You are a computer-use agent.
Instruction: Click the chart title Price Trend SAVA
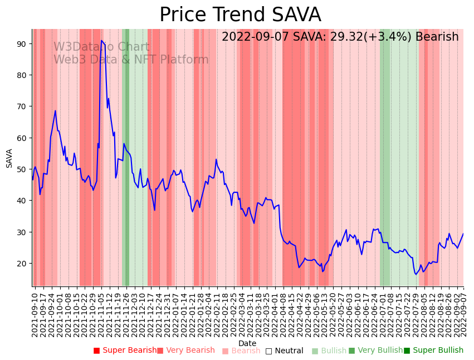[x=240, y=15]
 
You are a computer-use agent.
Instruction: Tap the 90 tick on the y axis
[x=25, y=43]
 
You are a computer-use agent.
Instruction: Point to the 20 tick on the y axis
[x=25, y=263]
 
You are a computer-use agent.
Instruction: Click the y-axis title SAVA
[x=9, y=158]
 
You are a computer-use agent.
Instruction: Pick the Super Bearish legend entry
[x=125, y=351]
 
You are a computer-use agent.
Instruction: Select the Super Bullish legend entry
[x=433, y=351]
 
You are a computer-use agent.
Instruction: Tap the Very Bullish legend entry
[x=375, y=351]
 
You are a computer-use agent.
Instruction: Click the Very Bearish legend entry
[x=185, y=351]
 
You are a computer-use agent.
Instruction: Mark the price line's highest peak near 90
[x=101, y=41]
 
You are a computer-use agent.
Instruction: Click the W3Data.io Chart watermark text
[x=101, y=47]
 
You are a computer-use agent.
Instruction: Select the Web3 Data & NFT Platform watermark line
[x=131, y=60]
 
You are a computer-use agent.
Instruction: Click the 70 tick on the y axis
[x=25, y=106]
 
